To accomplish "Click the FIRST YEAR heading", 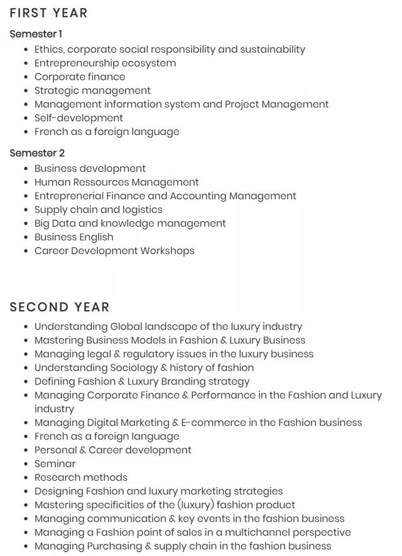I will (x=48, y=13).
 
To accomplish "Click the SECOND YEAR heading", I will (x=60, y=307).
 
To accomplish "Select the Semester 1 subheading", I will (x=36, y=34).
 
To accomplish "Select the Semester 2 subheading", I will (x=37, y=153).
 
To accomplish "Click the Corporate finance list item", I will (x=80, y=77).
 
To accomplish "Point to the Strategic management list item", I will (x=92, y=91).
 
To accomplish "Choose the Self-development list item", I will (x=79, y=118).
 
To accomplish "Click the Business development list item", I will (x=90, y=169).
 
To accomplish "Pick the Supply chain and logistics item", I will (x=98, y=210).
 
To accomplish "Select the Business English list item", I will (x=74, y=238).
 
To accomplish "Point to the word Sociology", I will (x=134, y=368).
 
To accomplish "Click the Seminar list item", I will (x=55, y=464).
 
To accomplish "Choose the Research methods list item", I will (x=80, y=478).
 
